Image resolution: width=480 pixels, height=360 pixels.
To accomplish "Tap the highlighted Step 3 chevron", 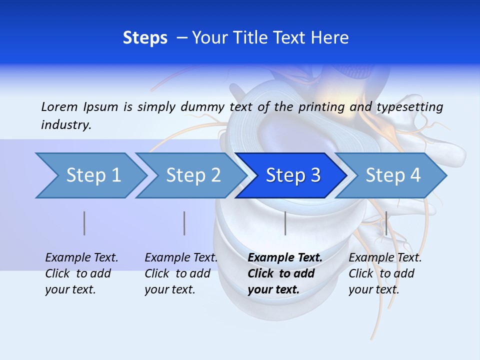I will click(292, 175).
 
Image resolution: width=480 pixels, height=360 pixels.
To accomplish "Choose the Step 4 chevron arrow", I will click(392, 175).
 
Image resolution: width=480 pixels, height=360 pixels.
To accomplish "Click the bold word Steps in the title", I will click(145, 37).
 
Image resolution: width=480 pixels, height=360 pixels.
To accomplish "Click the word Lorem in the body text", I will click(59, 106).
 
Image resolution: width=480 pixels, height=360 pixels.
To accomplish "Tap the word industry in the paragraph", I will click(66, 124).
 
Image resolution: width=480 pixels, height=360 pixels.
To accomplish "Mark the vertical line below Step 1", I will click(84, 223).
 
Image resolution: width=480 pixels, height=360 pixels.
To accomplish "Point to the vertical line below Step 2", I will click(184, 223).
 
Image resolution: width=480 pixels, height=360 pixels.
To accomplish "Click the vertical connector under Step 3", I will click(285, 223).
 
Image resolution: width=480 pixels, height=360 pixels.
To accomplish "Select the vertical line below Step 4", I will click(386, 223).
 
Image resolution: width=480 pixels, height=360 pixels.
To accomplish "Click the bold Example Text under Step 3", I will click(285, 258).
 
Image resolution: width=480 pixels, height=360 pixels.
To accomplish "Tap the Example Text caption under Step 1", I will click(81, 258).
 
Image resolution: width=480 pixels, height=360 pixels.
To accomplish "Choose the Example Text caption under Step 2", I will click(181, 258).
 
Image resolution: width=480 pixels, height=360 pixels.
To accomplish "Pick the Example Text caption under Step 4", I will click(385, 258).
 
